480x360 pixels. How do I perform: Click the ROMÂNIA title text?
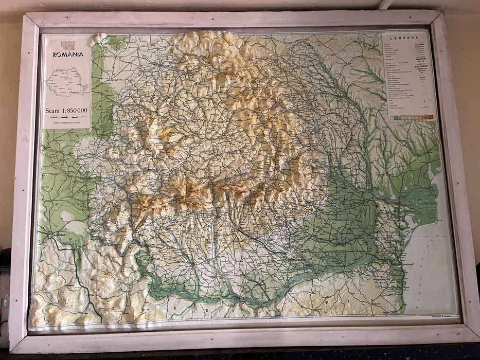pos(68,54)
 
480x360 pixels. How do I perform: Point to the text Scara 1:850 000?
pos(67,110)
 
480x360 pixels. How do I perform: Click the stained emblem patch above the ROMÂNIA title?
pos(68,45)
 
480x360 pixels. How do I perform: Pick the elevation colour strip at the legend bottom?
pos(412,117)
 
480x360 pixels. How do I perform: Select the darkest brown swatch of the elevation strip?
pos(431,117)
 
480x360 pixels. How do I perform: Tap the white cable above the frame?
pos(385,5)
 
